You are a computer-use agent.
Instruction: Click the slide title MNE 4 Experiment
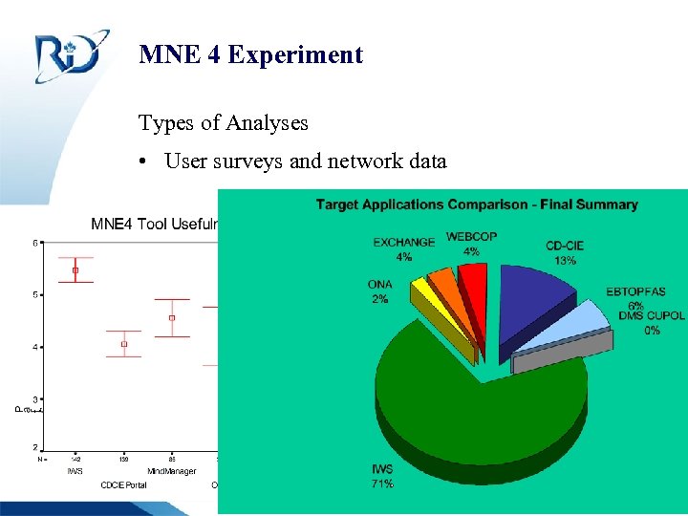tap(250, 54)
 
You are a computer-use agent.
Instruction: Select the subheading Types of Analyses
tap(223, 122)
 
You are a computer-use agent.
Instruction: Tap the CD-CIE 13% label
tap(565, 252)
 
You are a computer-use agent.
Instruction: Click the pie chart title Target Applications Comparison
tap(477, 204)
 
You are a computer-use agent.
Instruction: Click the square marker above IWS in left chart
tap(75, 270)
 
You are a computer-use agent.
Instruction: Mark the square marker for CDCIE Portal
tap(124, 343)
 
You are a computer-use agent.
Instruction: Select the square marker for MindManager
tap(172, 317)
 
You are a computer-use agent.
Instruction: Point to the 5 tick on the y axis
tap(36, 294)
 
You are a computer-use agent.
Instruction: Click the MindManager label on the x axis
tap(172, 470)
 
